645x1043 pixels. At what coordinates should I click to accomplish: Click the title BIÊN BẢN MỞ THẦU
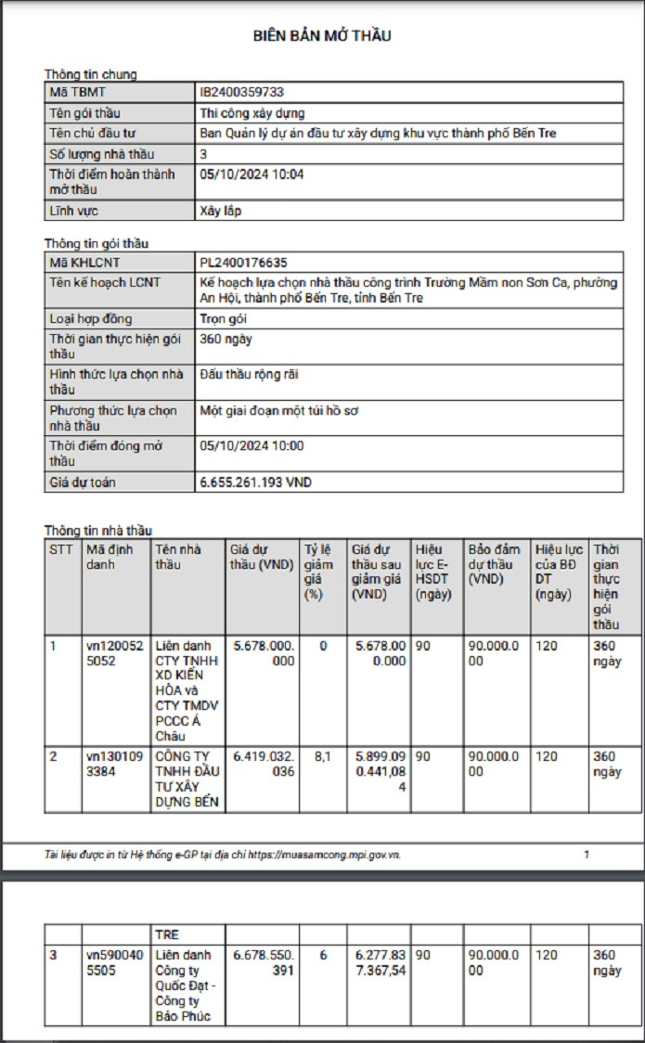pyautogui.click(x=322, y=36)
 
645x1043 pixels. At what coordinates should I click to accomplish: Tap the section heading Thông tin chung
pyautogui.click(x=90, y=74)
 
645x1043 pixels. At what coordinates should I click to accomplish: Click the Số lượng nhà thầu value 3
pyautogui.click(x=204, y=154)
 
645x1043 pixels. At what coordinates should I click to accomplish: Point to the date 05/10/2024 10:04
pyautogui.click(x=252, y=174)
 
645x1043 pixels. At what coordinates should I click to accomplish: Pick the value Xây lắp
pyautogui.click(x=220, y=212)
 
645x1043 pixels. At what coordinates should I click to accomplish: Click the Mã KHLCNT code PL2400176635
pyautogui.click(x=250, y=264)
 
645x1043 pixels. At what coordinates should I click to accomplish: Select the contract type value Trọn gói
pyautogui.click(x=223, y=319)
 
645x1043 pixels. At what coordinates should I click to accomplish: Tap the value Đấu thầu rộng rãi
pyautogui.click(x=249, y=374)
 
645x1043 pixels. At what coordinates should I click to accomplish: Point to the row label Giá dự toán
pyautogui.click(x=83, y=483)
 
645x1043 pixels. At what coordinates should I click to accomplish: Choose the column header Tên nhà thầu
pyautogui.click(x=177, y=557)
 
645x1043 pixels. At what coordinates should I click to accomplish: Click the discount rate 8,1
pyautogui.click(x=323, y=756)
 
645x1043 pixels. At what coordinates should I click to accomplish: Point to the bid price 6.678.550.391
pyautogui.click(x=264, y=962)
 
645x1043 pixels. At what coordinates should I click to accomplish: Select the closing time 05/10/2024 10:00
pyautogui.click(x=252, y=446)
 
